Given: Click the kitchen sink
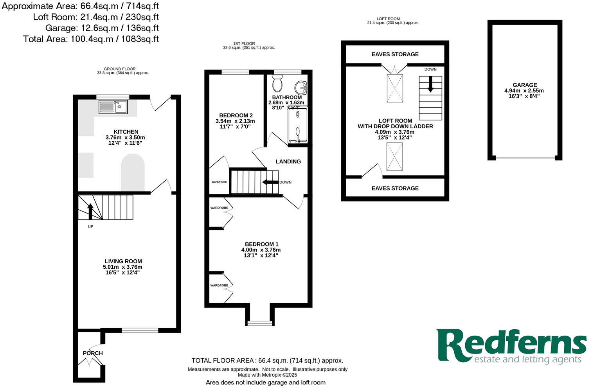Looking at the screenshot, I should coord(113,106).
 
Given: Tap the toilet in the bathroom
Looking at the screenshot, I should coord(277,83).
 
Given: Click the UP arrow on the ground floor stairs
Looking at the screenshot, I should coord(90,211).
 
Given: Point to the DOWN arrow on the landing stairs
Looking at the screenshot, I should coord(270,182).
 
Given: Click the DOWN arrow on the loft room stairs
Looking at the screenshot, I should coord(430,84).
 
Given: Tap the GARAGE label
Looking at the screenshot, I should coord(525,85).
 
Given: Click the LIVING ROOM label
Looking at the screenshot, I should coord(123,261).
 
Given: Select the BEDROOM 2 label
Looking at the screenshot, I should coord(236,115).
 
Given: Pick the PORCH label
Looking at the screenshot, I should coord(93,353).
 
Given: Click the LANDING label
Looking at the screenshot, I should coord(288,161).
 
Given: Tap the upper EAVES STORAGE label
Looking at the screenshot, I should coord(395,54).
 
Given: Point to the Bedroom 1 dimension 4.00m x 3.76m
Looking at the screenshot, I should coord(261,250).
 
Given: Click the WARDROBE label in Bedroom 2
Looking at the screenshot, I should coord(219,182).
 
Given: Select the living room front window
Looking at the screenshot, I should coord(140,331).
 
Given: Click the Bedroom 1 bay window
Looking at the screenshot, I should coord(259,323).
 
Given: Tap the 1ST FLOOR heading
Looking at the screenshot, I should coord(244,43).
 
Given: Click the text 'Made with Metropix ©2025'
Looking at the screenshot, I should coord(267,375).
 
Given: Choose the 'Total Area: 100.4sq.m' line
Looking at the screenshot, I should coord(91,39).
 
